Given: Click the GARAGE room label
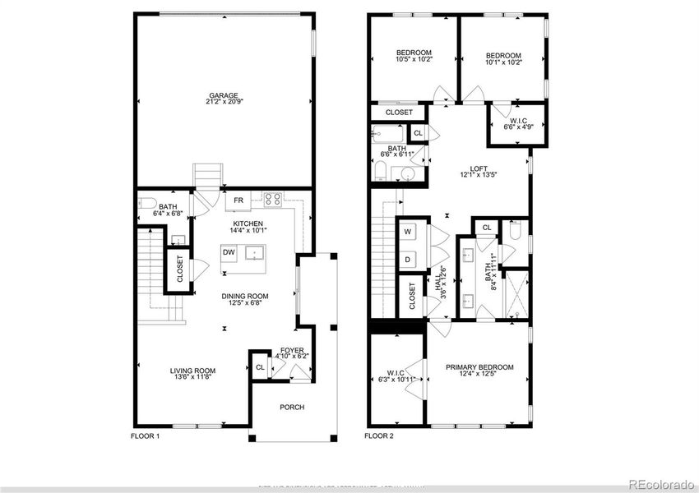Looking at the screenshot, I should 218,96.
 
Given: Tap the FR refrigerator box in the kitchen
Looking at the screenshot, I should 238,200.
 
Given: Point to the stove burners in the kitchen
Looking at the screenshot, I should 273,198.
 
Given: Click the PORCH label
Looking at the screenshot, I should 292,407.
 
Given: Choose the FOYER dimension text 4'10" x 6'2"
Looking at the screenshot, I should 292,357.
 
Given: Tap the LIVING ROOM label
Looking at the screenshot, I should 192,371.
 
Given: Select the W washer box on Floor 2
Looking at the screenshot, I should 407,233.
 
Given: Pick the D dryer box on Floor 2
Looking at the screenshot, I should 407,259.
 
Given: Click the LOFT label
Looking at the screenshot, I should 479,168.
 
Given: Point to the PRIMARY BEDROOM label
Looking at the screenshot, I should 479,367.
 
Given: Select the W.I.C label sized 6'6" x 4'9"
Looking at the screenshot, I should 518,122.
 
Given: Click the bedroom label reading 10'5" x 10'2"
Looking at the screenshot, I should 414,53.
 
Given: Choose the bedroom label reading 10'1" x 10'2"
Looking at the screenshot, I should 502,57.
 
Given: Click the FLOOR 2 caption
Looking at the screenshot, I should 379,435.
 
